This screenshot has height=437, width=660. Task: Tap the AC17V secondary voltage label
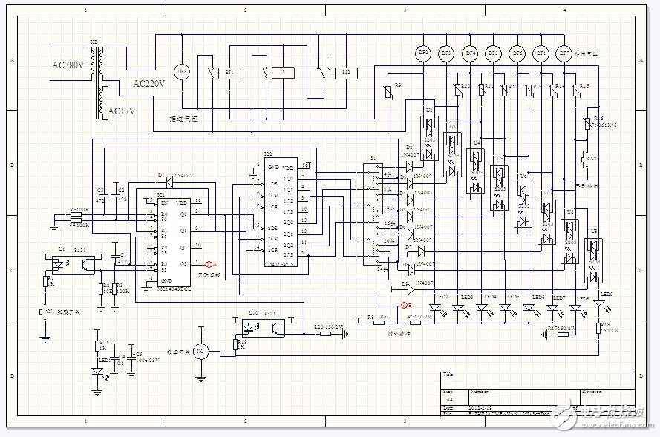(x=123, y=111)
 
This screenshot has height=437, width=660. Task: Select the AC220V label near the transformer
(x=148, y=83)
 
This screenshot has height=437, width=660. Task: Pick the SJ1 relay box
(x=229, y=73)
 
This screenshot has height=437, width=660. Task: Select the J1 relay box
(x=281, y=73)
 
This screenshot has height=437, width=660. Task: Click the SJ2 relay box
(x=344, y=73)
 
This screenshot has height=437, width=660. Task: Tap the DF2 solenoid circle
(x=423, y=53)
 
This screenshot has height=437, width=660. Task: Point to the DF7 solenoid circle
(x=563, y=53)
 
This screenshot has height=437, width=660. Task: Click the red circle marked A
(x=209, y=263)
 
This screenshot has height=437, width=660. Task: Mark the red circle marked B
(x=405, y=305)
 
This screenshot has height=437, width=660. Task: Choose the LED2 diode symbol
(x=438, y=306)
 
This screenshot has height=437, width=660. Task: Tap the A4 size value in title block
(x=448, y=398)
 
